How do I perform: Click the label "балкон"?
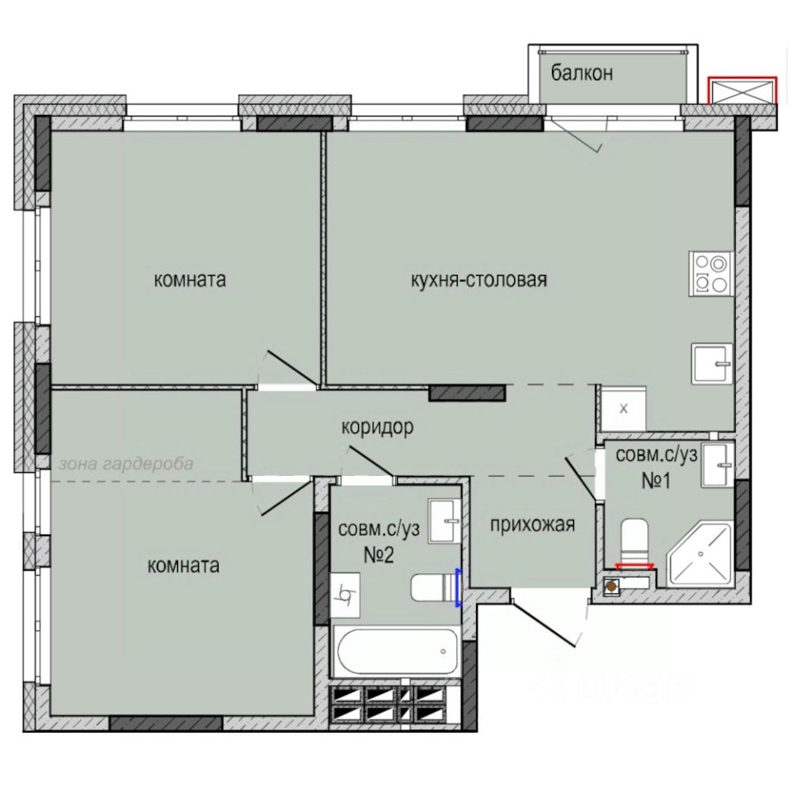point(582,73)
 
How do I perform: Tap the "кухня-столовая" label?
point(478,280)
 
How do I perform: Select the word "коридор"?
point(377,427)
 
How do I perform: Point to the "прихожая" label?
point(532,526)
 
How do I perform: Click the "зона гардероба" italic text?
point(125,464)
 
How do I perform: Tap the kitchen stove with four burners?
point(711,273)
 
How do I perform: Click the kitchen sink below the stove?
point(712,364)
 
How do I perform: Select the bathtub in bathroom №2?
point(398,652)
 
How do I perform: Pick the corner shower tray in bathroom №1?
point(700,554)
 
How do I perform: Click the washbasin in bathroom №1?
point(717,465)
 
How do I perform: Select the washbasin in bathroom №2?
point(445,521)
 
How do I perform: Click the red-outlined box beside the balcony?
point(742,91)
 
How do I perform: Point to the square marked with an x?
point(624,408)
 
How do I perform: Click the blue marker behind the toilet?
point(459,587)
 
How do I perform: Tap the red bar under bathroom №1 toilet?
point(634,566)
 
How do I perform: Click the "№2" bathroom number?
point(379,555)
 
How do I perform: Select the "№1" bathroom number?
point(656,481)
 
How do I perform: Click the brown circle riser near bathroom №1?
point(611,587)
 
